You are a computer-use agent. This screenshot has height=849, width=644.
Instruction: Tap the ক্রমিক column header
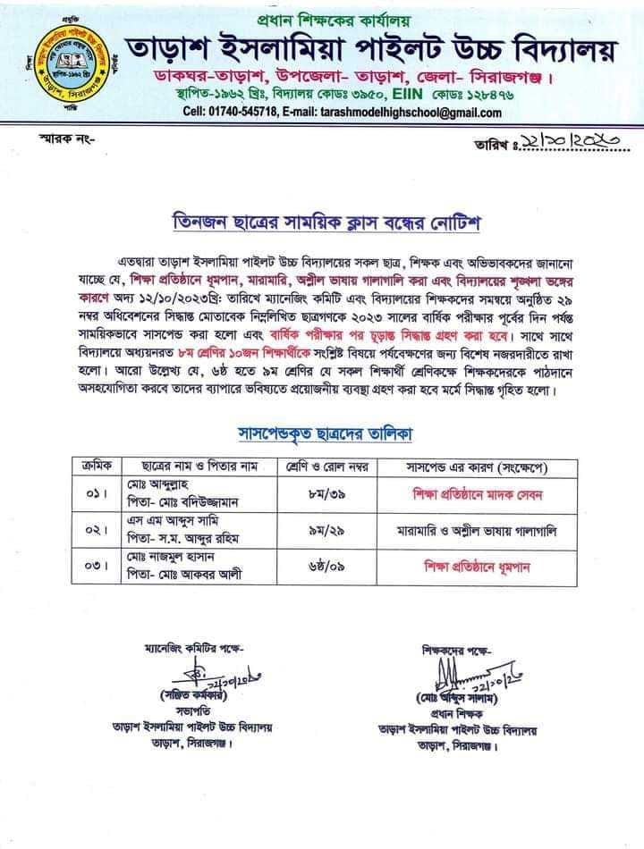click(x=97, y=466)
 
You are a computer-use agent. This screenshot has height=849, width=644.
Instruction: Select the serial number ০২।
click(x=97, y=531)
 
